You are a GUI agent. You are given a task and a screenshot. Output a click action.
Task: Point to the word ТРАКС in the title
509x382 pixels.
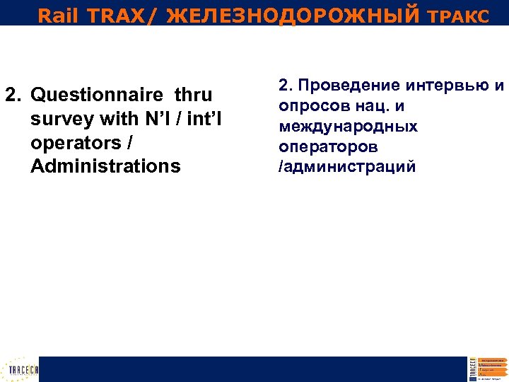pyautogui.click(x=457, y=16)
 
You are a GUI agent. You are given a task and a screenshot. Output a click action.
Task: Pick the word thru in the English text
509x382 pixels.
pyautogui.click(x=193, y=95)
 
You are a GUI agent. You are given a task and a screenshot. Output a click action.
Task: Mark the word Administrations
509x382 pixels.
pyautogui.click(x=106, y=166)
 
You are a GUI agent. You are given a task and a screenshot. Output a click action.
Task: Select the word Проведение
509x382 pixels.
pyautogui.click(x=346, y=86)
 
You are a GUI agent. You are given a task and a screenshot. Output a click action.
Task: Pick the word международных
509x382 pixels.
pyautogui.click(x=348, y=127)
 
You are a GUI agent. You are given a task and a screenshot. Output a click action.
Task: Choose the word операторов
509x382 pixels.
pyautogui.click(x=328, y=147)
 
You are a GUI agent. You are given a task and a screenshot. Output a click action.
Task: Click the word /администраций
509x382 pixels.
pyautogui.click(x=347, y=167)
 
